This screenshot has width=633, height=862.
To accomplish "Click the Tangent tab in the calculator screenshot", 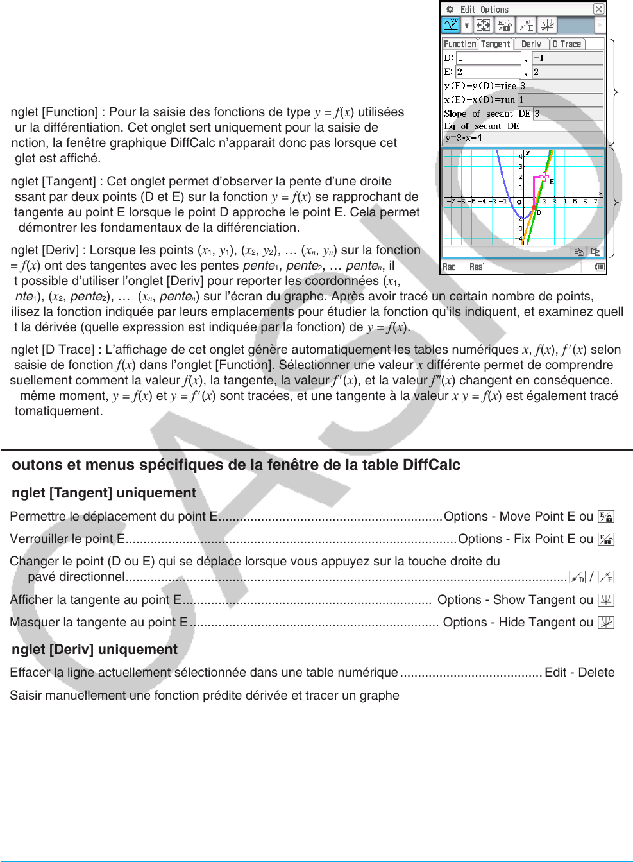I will point(495,44).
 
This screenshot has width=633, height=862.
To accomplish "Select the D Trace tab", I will point(567,44).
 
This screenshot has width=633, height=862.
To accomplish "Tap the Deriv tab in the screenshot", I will point(531,44).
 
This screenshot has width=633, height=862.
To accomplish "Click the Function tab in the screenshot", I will point(460,44).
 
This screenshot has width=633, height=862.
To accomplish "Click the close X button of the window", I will point(598,9).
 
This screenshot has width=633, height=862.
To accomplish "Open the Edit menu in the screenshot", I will point(468,10).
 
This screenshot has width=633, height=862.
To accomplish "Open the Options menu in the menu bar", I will point(494,10).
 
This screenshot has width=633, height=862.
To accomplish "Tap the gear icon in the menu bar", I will point(450,10).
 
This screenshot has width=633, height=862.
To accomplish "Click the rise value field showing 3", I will point(561,85).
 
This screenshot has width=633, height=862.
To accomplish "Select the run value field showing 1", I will point(561,99).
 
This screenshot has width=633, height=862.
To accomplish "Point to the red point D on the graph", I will point(534,208).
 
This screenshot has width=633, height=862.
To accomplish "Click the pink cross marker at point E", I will point(544,177).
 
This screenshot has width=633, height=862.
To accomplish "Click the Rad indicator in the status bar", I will point(449,267).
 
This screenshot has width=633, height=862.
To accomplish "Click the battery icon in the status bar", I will point(600,267).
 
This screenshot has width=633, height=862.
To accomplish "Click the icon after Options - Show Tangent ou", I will point(606,600).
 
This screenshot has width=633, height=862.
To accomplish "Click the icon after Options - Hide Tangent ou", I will point(606,623).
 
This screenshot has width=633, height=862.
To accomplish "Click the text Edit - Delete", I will point(579,672).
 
